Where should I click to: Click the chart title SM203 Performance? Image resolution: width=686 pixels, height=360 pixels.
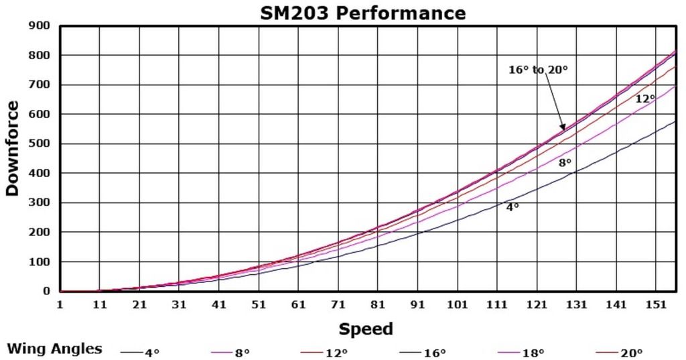[x=362, y=13]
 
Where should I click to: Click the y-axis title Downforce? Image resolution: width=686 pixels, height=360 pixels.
[x=12, y=149]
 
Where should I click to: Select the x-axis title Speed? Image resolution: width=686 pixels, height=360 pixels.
[x=366, y=329]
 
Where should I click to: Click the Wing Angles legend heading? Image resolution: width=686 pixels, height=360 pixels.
[x=55, y=349]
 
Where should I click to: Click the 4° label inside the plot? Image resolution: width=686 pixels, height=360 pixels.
[x=512, y=207]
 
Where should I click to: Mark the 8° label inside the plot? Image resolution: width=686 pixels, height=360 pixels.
[x=565, y=162]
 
